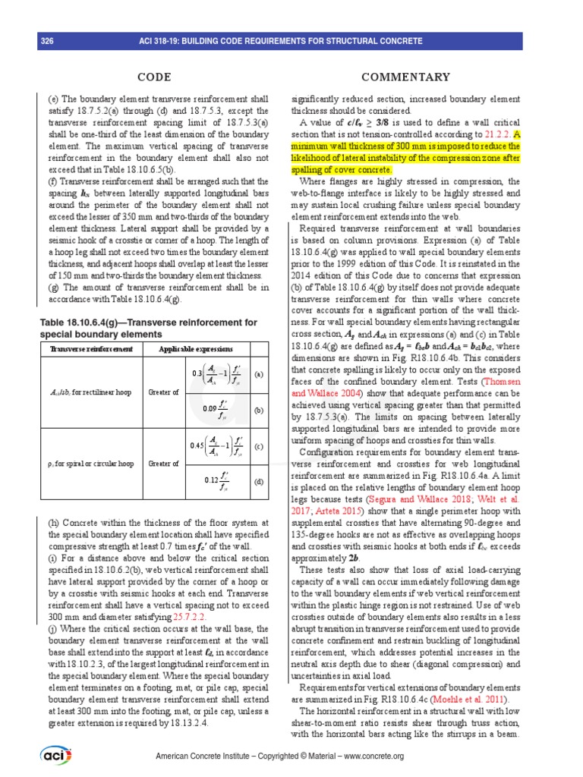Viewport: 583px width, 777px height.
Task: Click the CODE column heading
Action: click(153, 77)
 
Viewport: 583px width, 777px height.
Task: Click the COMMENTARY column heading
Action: click(405, 77)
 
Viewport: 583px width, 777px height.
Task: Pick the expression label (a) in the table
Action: click(258, 374)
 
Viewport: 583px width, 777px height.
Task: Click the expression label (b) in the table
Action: click(258, 410)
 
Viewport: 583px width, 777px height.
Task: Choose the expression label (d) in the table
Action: click(258, 481)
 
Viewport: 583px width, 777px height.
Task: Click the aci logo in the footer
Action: click(55, 756)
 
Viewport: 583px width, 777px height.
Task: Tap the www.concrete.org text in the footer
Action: click(370, 757)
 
